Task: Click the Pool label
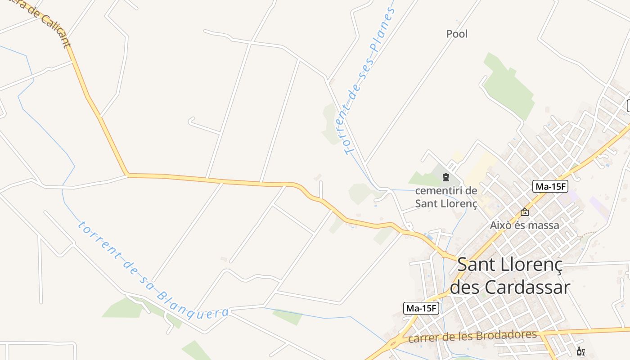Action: [457, 34]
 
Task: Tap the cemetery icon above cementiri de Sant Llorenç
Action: [446, 177]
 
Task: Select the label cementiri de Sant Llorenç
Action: [446, 197]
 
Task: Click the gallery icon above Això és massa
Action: [525, 212]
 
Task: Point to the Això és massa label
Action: [524, 225]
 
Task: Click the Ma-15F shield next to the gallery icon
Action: [550, 186]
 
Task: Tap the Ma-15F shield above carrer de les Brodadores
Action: [421, 308]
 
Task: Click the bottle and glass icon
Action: [580, 351]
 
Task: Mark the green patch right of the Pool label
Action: [508, 85]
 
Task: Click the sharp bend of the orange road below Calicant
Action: [127, 174]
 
